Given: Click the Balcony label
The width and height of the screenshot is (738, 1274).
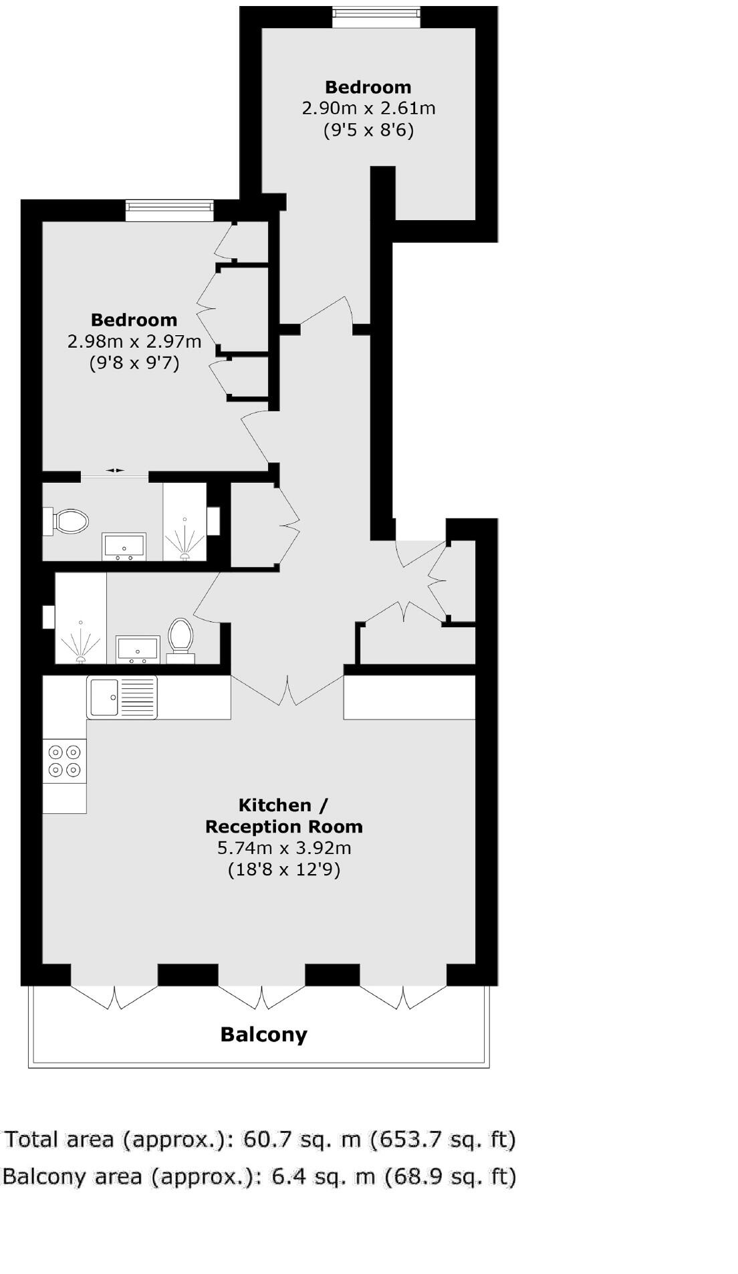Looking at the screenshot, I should pyautogui.click(x=263, y=1035).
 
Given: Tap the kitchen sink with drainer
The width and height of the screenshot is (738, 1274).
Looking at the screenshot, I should pyautogui.click(x=122, y=697).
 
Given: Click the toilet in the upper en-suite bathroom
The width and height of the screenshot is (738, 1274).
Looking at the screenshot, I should pyautogui.click(x=69, y=521).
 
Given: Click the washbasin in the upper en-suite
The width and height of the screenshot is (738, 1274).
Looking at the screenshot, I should pyautogui.click(x=124, y=546).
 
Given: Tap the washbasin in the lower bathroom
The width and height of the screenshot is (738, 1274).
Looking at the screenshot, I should pyautogui.click(x=138, y=649).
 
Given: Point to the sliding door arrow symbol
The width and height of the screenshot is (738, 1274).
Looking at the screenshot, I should pyautogui.click(x=115, y=471).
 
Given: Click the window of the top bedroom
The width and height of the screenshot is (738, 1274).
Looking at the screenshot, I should pyautogui.click(x=376, y=17).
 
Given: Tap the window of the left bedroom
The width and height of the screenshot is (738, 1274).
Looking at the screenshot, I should pyautogui.click(x=170, y=211).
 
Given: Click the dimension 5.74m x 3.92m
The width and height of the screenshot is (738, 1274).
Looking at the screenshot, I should pyautogui.click(x=284, y=848).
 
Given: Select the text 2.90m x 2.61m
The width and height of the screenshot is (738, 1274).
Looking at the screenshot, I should pyautogui.click(x=368, y=108).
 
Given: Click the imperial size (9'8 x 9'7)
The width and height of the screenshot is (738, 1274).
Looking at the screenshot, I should pyautogui.click(x=134, y=363).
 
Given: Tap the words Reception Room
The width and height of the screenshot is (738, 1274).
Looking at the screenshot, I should pyautogui.click(x=284, y=827).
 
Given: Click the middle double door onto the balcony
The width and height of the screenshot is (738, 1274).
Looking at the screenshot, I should pyautogui.click(x=261, y=996).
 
